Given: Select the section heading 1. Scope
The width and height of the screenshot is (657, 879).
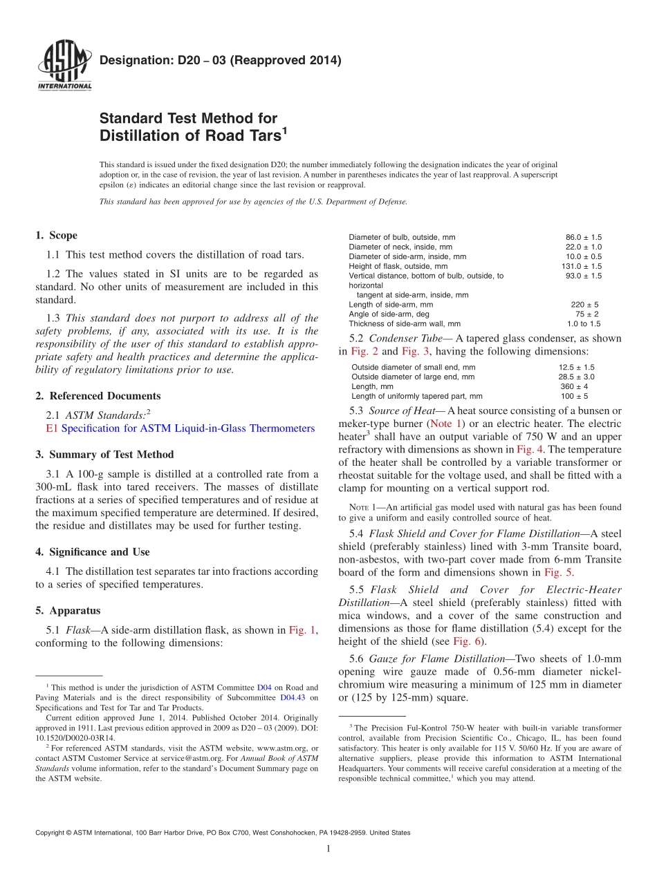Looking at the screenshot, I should click(56, 236).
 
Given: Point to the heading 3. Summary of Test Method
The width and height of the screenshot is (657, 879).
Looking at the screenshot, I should click(104, 455).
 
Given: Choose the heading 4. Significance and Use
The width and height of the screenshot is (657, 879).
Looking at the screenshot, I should click(92, 552).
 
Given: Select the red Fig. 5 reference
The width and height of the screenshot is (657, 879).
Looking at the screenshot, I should click(555, 572).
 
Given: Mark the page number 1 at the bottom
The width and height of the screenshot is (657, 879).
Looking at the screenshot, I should click(328, 849).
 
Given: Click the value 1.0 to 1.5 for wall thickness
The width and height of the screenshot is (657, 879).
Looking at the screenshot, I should click(584, 323).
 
